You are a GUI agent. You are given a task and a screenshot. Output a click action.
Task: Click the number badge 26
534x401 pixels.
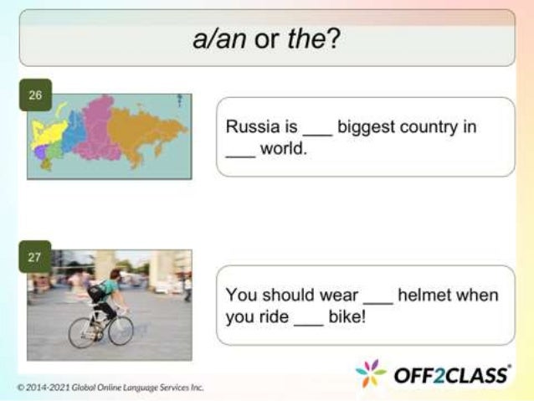pos(35,95)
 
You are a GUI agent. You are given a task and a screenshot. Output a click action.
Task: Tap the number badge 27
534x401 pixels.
pos(35,257)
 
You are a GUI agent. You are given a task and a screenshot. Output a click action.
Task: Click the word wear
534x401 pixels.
pos(338,296)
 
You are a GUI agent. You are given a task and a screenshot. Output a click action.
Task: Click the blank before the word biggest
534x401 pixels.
pos(317,132)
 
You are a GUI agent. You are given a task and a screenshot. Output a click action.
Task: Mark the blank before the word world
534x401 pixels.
pos(241,157)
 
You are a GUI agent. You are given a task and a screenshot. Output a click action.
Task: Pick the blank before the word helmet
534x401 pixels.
pos(377,301)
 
